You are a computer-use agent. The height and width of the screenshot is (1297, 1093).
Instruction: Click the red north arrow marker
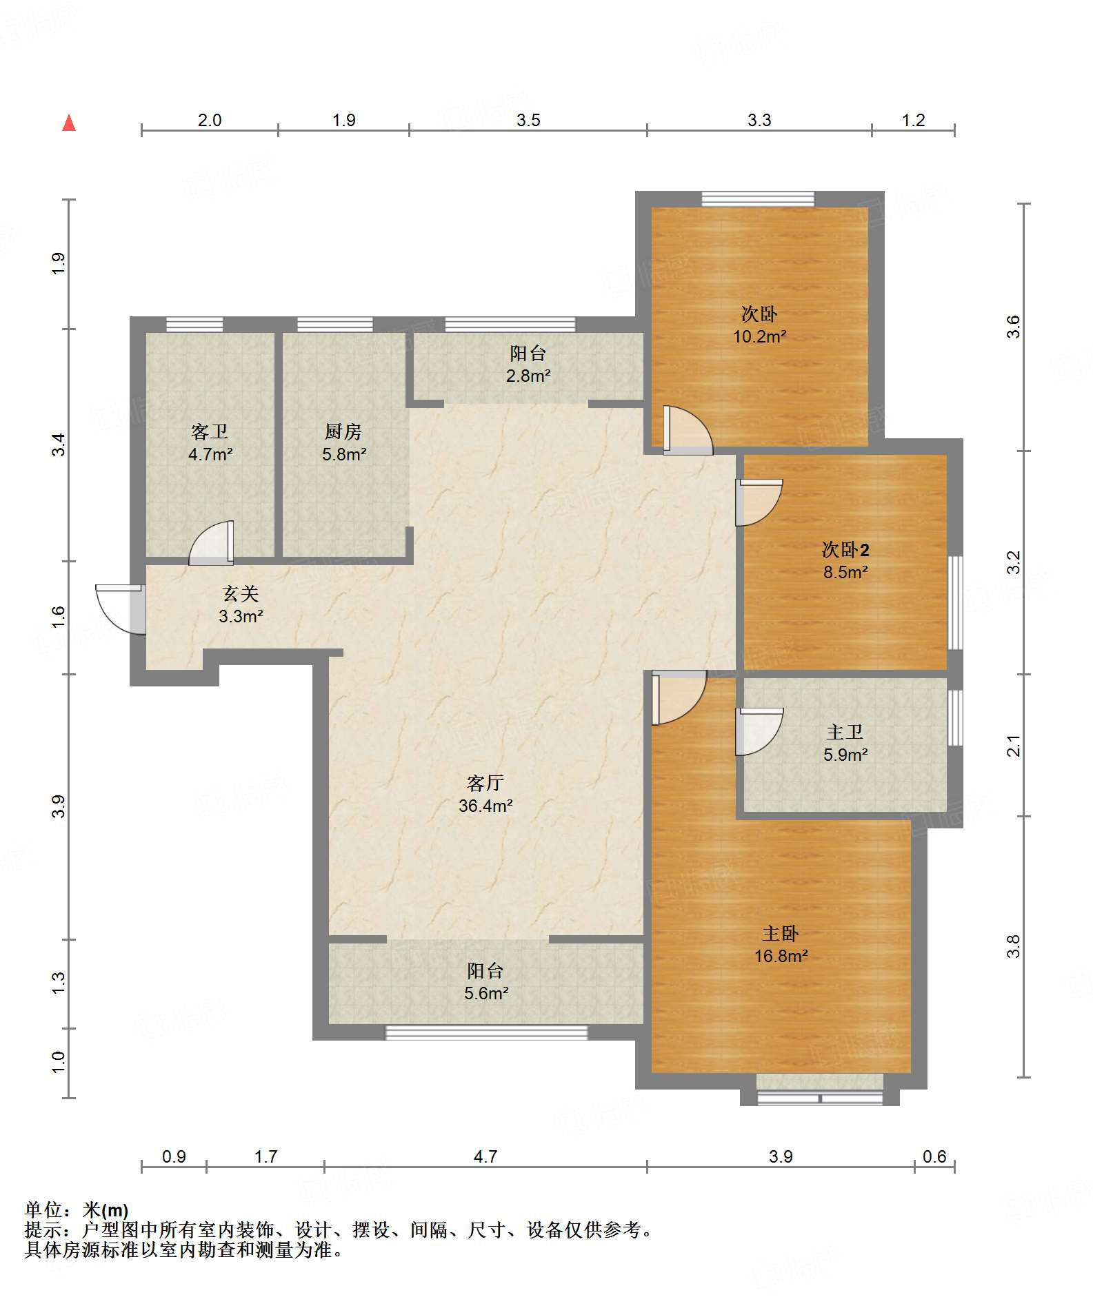pos(69,123)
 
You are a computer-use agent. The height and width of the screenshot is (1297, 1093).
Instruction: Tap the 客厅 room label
pos(485,783)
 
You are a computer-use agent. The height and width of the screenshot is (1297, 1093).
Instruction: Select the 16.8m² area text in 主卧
pos(781,956)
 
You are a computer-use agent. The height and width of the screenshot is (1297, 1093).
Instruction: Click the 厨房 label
pos(343,431)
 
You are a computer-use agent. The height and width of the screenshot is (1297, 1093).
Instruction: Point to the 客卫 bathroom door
pos(212,543)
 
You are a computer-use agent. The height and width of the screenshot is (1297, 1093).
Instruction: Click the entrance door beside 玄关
pos(121,609)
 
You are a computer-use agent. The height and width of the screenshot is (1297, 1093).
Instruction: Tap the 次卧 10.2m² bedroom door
pos(688,430)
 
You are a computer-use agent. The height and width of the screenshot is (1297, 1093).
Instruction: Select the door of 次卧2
pos(759,502)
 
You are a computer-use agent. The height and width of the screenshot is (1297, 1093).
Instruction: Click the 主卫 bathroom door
pos(759,731)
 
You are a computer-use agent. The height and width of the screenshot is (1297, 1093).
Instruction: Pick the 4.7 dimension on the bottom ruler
pos(485,1156)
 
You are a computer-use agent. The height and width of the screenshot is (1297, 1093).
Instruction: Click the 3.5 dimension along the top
pos(528,120)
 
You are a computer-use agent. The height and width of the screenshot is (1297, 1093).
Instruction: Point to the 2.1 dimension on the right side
pos(1013,746)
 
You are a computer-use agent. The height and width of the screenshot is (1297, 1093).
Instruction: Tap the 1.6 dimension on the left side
pos(59,616)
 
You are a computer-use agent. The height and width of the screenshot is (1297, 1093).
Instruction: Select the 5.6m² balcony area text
pos(486,993)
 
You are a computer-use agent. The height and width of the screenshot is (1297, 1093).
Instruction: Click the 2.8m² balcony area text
pos(528,376)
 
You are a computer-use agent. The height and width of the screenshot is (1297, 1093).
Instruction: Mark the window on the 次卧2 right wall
pos(955,603)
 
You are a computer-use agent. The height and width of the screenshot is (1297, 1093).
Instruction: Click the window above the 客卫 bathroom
pos(194,324)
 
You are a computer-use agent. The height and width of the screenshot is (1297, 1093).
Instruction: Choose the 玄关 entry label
pos(241,593)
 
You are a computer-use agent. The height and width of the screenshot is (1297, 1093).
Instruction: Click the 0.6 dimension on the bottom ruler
pos(934,1156)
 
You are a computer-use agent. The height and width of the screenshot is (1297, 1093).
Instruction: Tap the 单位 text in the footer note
pos(43,1209)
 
